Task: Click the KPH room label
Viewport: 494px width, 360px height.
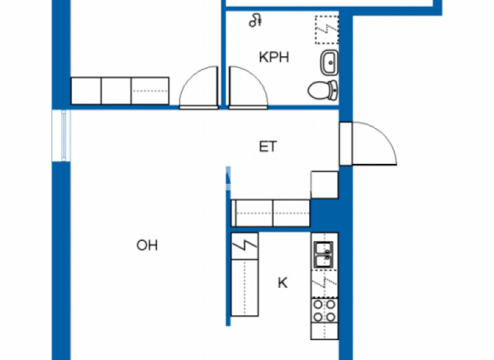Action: point(273,58)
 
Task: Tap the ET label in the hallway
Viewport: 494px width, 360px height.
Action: point(268,147)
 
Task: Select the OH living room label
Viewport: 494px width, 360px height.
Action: point(147,245)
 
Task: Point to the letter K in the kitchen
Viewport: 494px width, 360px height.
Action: point(282,282)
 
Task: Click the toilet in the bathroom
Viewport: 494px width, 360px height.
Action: point(322,90)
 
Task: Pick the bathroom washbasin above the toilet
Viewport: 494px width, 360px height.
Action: point(329,62)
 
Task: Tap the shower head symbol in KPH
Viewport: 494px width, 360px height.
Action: point(255,21)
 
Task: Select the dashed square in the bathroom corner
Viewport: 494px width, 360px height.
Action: point(326,30)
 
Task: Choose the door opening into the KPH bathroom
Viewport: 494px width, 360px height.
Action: point(248,86)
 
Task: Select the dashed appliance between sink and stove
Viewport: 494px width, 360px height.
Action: point(324,282)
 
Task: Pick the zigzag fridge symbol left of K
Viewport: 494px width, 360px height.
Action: point(244,245)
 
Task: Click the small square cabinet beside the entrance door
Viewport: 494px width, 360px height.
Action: point(324,184)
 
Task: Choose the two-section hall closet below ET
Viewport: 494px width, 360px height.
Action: point(271,212)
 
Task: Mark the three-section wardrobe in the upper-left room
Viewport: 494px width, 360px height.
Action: point(120,91)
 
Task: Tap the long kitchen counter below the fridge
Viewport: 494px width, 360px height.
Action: point(244,287)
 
